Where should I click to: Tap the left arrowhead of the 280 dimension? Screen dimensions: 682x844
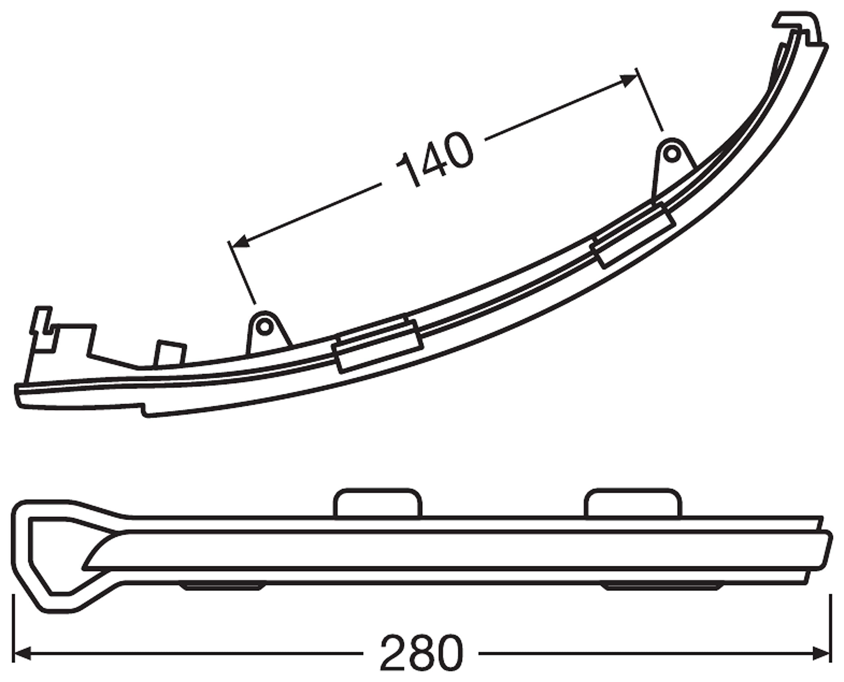23,654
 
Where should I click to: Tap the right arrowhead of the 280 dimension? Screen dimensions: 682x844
821,654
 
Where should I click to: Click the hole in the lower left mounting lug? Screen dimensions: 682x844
265,327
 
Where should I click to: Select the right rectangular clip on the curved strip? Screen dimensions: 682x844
633,235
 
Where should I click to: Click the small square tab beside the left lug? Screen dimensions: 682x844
170,352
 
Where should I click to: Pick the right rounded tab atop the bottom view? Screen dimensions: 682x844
633,503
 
